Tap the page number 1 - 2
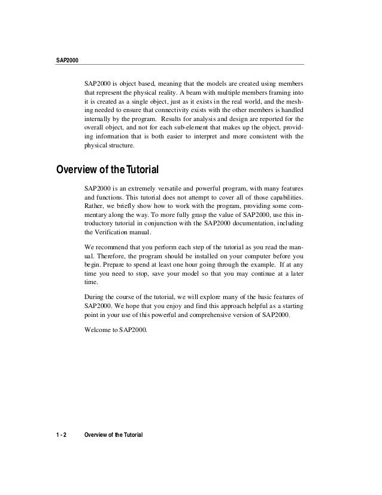60,434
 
